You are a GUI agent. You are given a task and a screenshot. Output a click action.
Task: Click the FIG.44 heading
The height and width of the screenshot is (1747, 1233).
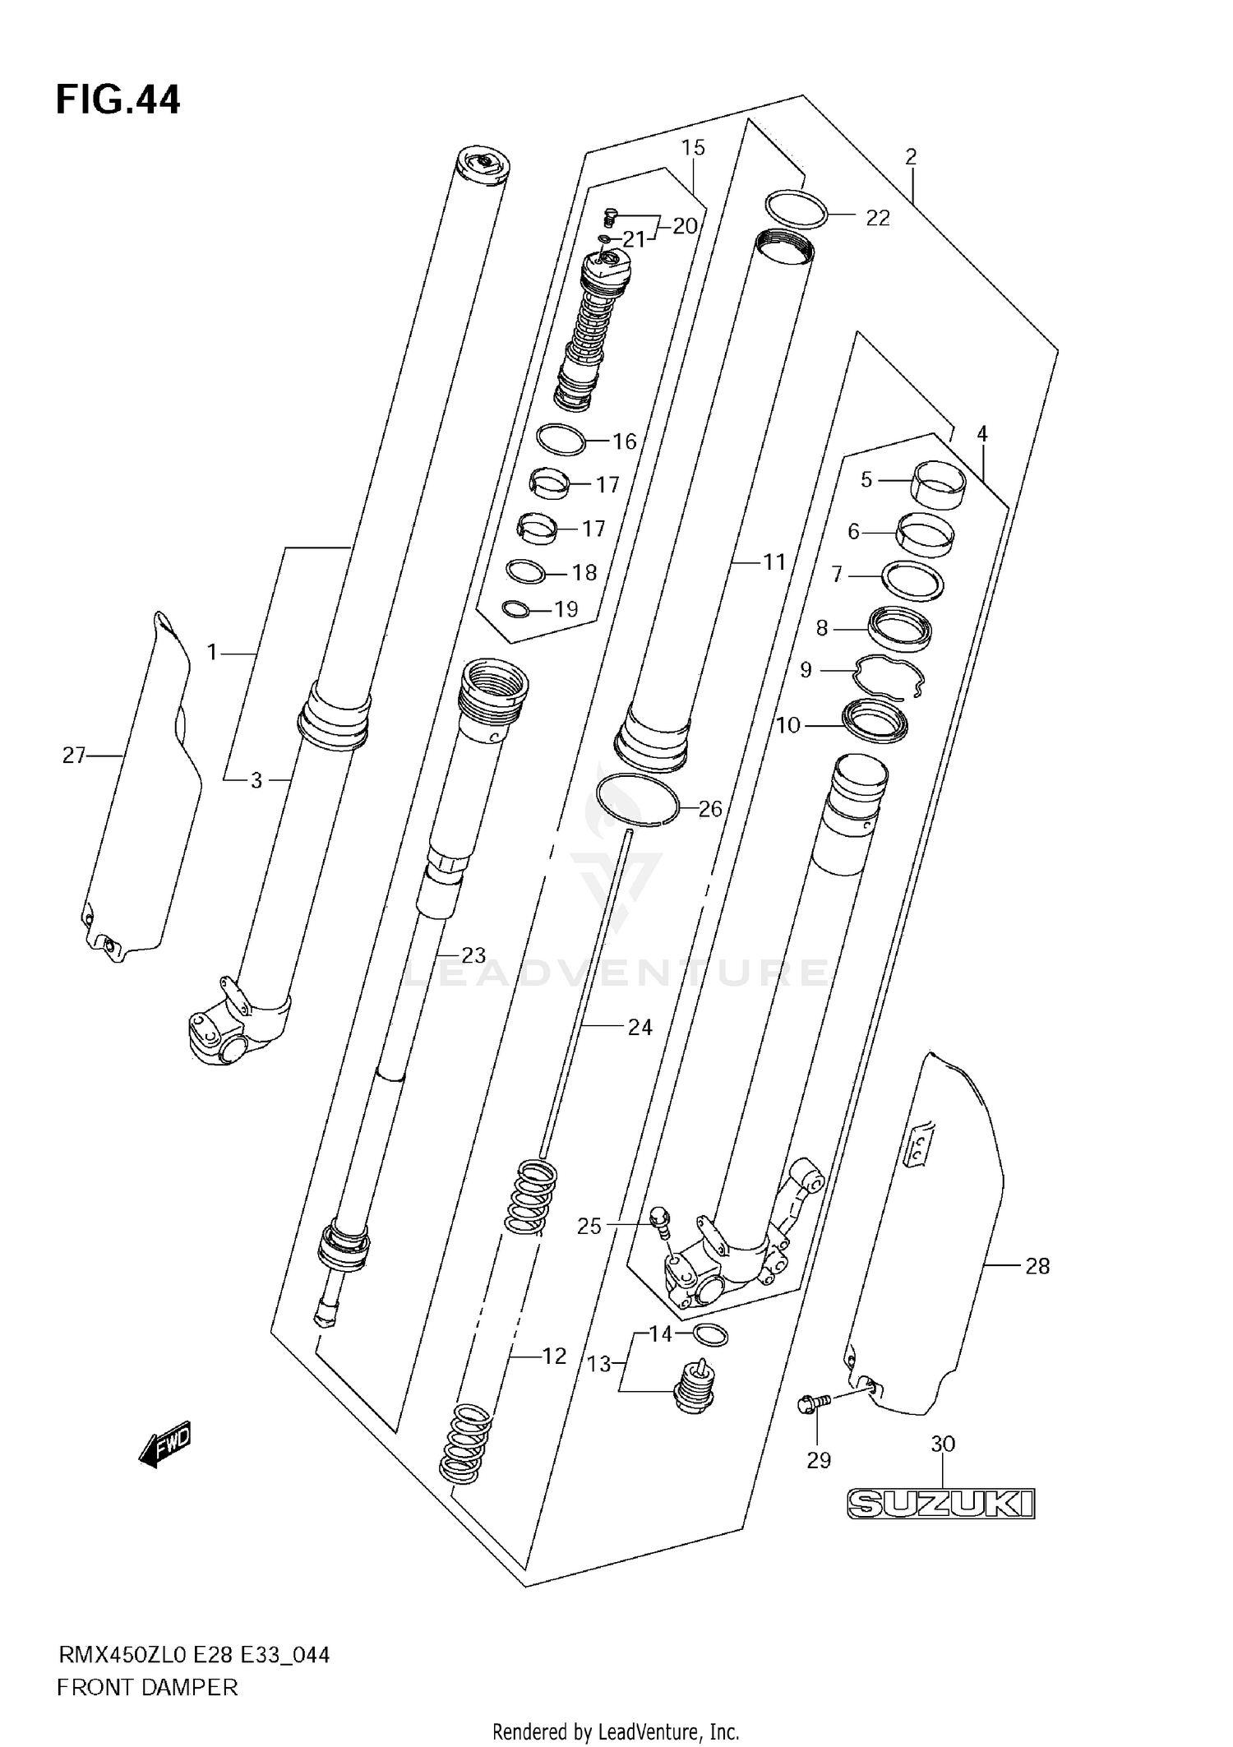pos(118,100)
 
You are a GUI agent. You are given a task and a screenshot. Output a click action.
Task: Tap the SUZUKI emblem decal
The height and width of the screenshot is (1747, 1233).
pos(940,1504)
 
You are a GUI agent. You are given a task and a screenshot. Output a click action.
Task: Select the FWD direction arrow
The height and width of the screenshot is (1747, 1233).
pos(166,1443)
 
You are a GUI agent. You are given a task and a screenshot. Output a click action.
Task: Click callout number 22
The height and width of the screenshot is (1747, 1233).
pos(878,218)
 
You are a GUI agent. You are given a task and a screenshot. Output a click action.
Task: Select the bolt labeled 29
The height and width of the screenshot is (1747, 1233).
pos(810,1407)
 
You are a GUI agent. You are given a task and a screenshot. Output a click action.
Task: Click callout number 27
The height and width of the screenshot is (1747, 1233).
pos(73,755)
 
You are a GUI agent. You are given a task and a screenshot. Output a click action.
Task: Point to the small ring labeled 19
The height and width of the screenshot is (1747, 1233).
pos(515,608)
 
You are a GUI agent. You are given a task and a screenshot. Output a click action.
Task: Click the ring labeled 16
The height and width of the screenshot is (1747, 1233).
pos(561,440)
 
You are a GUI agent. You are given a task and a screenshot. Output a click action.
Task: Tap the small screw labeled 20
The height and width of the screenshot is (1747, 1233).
pos(610,215)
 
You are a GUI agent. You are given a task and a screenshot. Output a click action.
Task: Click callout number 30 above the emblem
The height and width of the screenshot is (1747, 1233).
pos(943,1443)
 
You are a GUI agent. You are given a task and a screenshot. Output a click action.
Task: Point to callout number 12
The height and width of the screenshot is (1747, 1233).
pos(555,1356)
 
